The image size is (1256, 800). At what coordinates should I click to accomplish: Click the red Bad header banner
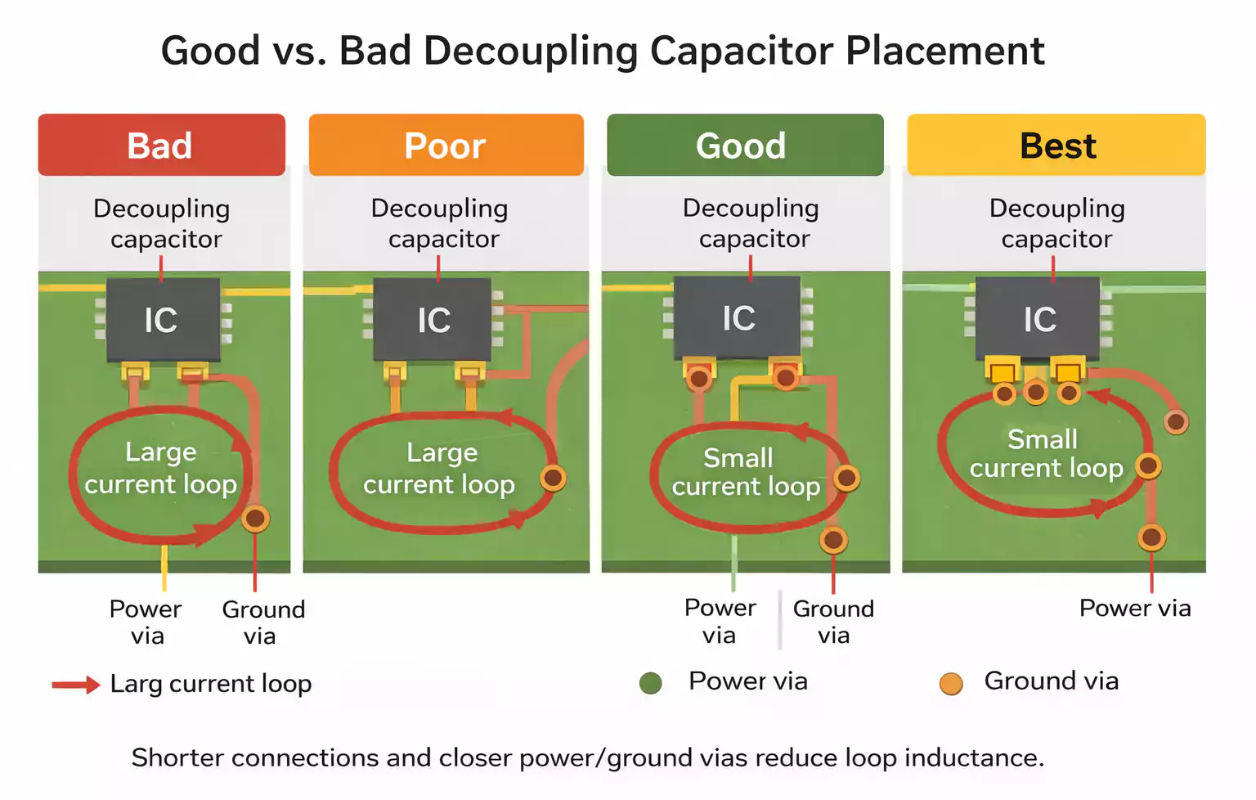pos(161,146)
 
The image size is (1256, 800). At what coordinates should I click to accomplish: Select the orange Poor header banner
pos(446,146)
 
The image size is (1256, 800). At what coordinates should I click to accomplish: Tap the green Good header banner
pos(744,146)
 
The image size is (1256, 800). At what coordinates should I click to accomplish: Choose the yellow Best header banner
pos(1056,146)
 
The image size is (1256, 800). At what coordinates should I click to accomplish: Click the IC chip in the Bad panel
pos(163,320)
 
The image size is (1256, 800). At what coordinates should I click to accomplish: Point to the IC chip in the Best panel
pos(1038,319)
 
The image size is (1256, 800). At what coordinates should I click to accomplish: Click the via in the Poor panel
pos(554,478)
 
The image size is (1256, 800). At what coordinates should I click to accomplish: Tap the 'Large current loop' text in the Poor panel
pos(440,469)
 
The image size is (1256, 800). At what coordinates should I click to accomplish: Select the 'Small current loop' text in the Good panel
pos(745,472)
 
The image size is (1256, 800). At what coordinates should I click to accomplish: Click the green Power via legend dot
pos(651,683)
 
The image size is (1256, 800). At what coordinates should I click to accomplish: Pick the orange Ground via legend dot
pos(950,683)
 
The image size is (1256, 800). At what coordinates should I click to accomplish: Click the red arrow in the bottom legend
pos(75,685)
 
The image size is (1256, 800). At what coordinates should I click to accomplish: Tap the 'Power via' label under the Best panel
pos(1134,609)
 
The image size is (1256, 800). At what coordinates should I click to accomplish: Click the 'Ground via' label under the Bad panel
pos(262,622)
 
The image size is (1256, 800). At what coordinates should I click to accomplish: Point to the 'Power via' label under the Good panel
pos(720,622)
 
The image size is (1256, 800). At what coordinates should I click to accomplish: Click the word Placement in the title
pos(944,51)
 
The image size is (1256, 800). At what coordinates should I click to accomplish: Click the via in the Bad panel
pos(256,518)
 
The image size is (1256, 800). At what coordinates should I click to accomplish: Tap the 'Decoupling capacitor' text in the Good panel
pos(751,223)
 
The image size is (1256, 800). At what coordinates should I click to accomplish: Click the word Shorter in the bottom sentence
pos(177,757)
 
